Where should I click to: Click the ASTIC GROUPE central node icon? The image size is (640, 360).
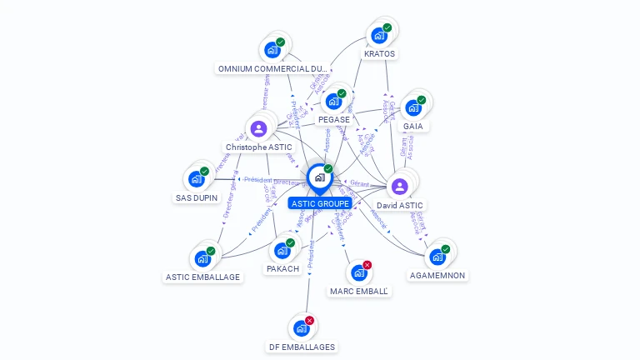click(319, 177)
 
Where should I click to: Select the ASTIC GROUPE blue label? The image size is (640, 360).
click(320, 203)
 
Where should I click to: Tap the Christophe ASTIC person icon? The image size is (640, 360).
click(258, 128)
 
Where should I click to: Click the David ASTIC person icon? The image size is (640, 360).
click(399, 186)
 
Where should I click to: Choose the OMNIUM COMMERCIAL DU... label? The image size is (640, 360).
click(272, 68)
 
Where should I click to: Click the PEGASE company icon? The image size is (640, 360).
click(333, 102)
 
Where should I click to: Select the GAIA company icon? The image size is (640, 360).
click(412, 108)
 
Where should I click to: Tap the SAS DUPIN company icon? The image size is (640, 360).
click(196, 179)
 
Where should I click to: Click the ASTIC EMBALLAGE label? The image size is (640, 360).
click(202, 277)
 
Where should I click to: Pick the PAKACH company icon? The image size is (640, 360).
click(282, 251)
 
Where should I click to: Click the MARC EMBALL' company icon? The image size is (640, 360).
click(358, 272)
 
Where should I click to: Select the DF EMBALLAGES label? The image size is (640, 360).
click(302, 347)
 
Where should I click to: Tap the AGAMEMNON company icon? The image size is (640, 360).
click(437, 257)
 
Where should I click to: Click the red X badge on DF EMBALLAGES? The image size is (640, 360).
click(310, 320)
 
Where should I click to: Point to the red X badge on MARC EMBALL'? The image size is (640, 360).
click(367, 265)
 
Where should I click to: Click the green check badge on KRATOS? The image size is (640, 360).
click(387, 27)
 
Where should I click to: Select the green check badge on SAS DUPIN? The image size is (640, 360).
click(205, 171)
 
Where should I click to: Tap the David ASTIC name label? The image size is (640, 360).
click(400, 205)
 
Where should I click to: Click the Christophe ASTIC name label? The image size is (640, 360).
click(258, 147)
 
